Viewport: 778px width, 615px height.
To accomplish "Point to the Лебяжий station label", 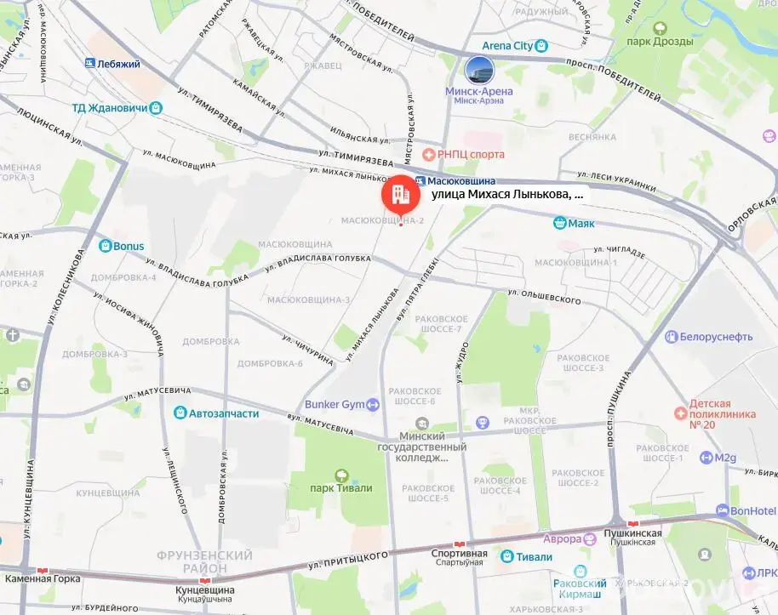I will [118, 63].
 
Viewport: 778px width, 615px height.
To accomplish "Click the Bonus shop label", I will [129, 246].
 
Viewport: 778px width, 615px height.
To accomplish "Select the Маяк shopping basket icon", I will [559, 224].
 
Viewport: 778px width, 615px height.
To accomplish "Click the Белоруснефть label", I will [715, 336].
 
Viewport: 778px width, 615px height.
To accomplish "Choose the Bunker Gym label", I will [335, 404].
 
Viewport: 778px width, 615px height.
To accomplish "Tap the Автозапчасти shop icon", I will [180, 413].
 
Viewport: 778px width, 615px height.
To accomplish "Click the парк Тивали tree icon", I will [341, 475].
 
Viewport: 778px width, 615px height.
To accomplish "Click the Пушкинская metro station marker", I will [632, 522].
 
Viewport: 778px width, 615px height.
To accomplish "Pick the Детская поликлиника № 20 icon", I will [680, 413].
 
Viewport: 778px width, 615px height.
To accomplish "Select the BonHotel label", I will [753, 510].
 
